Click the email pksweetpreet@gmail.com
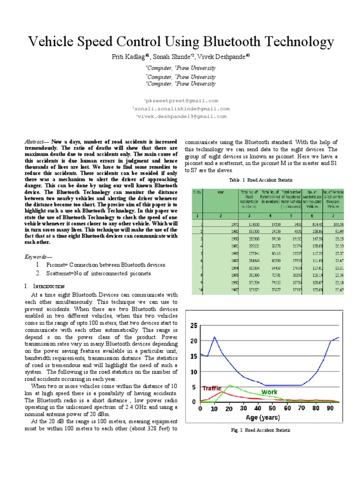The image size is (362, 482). coord(182,101)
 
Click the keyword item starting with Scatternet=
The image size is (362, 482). coord(99,273)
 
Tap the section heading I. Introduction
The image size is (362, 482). coord(47,286)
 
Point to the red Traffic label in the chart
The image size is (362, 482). coord(212,389)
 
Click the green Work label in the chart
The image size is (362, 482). coord(270,392)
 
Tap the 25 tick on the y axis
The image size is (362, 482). coord(194,326)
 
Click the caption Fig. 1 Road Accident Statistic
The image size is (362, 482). coord(261,430)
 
